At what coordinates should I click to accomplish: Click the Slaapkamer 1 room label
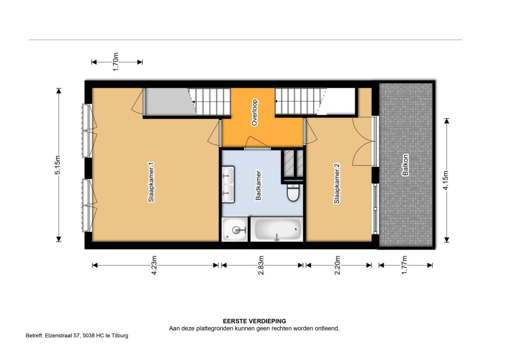coord(151,182)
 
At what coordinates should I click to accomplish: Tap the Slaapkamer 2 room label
coord(337,183)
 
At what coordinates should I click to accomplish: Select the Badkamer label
coord(258,185)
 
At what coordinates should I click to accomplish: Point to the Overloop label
coord(254,112)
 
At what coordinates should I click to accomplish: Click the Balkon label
coord(406,165)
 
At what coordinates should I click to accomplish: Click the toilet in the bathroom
coord(293,192)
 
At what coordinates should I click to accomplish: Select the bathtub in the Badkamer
coord(278,229)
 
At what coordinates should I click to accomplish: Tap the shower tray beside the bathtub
coord(235,229)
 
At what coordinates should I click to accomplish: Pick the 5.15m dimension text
coord(58,165)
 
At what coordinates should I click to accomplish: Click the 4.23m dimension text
coord(154,265)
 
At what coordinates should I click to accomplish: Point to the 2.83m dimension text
coord(261,265)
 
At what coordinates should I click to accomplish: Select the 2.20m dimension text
coord(338,265)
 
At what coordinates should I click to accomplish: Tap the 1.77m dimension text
coord(405,265)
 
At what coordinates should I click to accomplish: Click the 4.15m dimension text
coord(446,180)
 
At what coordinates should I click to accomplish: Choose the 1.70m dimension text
coord(115,62)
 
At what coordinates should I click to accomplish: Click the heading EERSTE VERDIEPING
coord(254,321)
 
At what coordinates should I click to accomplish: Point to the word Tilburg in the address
coord(120,336)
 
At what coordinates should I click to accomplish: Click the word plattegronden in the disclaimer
coord(213,329)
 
